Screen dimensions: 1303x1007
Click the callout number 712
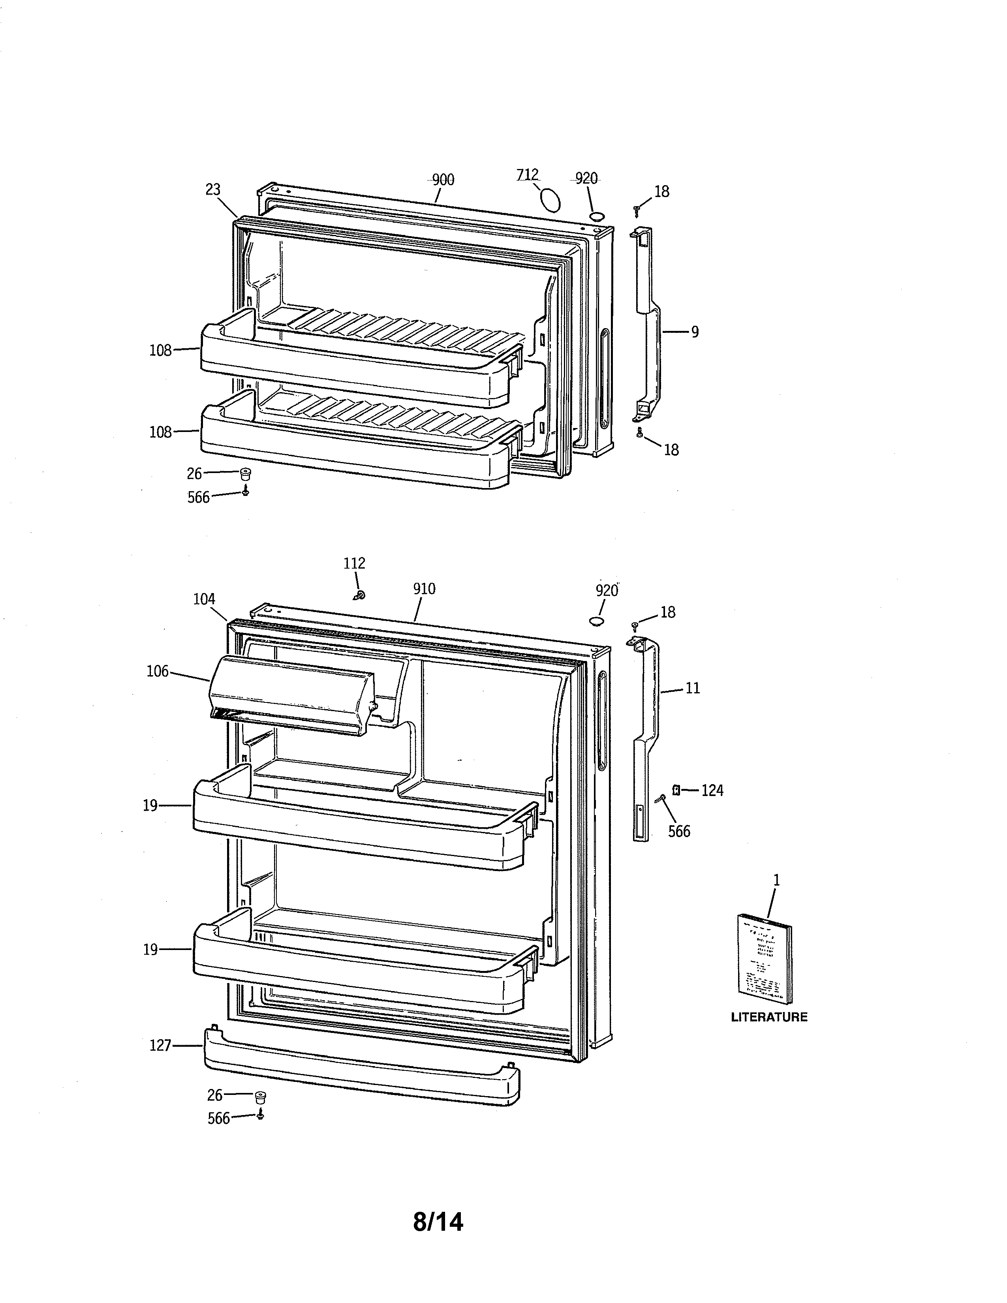coord(527,174)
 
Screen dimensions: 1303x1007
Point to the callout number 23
coord(213,189)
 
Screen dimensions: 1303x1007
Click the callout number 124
coord(712,790)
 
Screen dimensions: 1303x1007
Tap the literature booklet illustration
coord(765,961)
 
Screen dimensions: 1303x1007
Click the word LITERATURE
coord(769,1017)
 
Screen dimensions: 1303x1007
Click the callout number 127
coord(160,1045)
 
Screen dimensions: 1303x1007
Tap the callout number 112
coord(354,563)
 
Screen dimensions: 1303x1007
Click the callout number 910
coord(424,589)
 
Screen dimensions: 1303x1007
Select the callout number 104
coord(204,599)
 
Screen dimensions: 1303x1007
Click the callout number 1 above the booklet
coord(776,880)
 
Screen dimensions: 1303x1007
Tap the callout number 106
coord(158,672)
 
